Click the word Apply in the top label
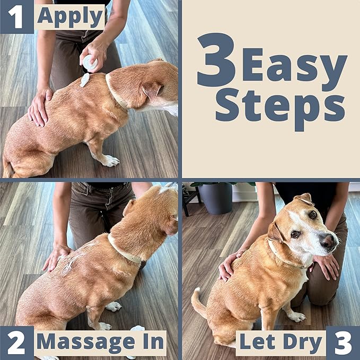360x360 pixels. (70, 17)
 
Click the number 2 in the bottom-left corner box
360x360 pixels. (16, 343)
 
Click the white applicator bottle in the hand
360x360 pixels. (90, 62)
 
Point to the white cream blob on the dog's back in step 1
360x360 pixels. (85, 80)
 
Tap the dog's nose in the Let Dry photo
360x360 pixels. (329, 241)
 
